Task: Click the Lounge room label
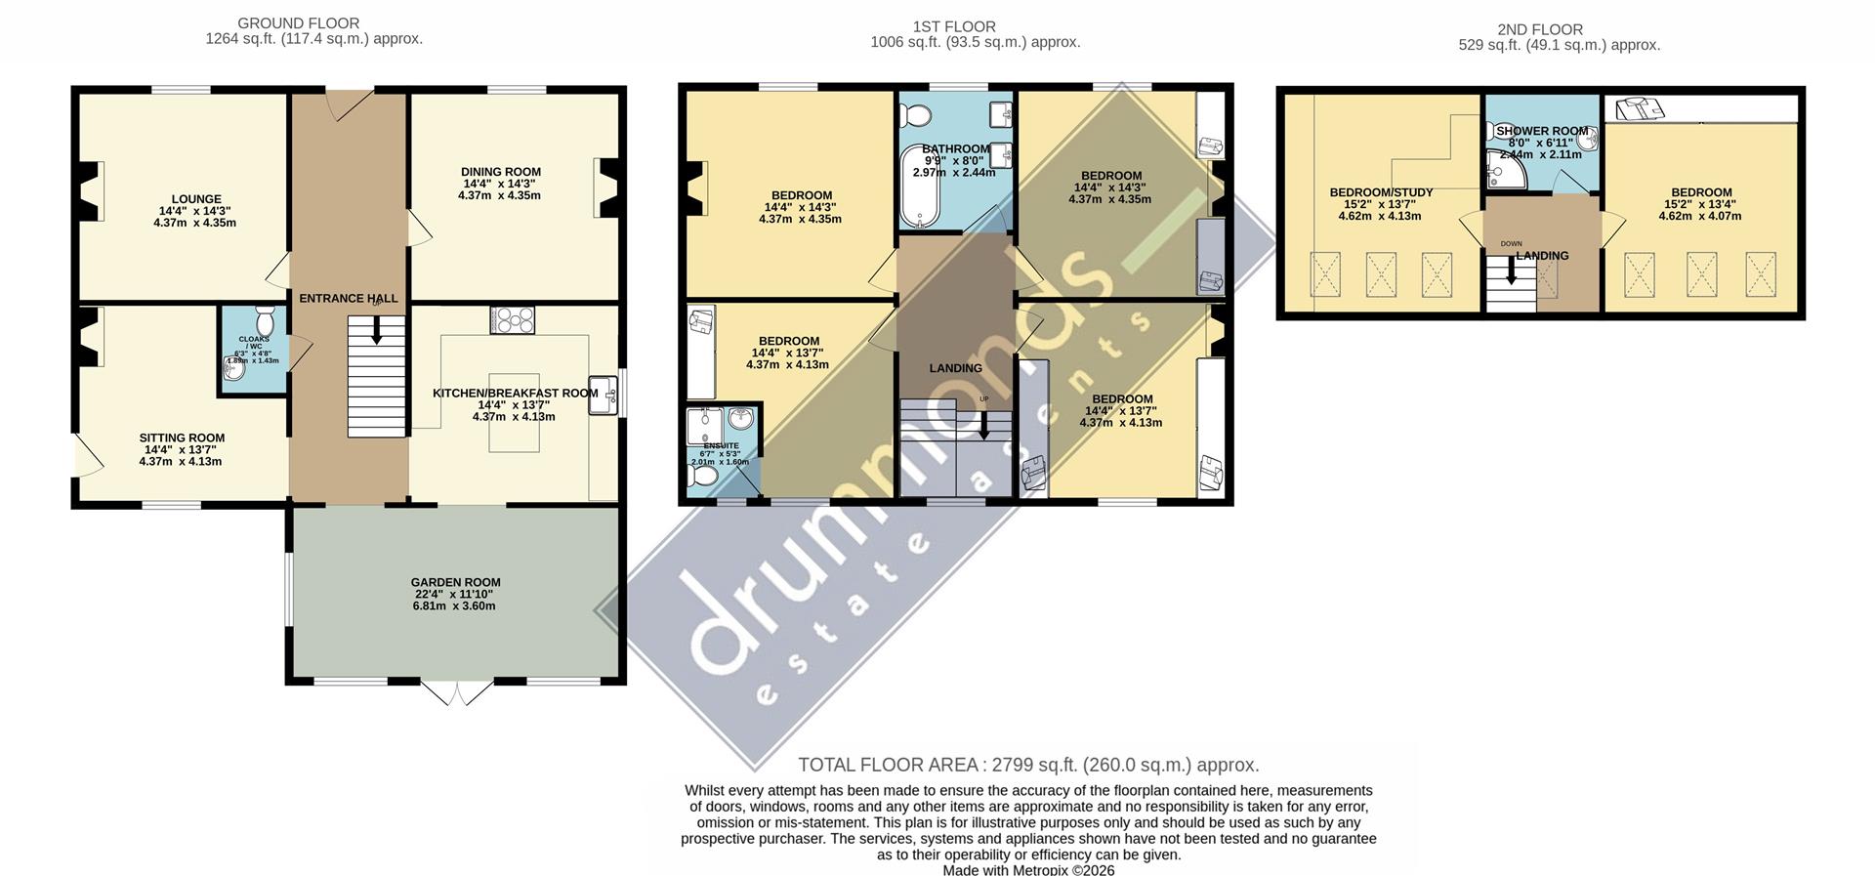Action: (195, 199)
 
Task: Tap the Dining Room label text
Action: (501, 172)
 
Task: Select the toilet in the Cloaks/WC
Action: (265, 321)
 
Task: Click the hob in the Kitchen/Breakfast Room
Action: (513, 319)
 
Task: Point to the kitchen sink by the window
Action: (604, 396)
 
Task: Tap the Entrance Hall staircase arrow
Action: (376, 333)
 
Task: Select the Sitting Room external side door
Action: (84, 454)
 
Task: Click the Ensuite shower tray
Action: (704, 424)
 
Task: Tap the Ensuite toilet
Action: (702, 477)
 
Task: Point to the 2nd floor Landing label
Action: (1542, 256)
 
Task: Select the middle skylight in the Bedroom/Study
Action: (1381, 273)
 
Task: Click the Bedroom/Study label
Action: (1380, 192)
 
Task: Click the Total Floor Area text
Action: (1028, 765)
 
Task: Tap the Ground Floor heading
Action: (299, 23)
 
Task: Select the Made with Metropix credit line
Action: (1028, 869)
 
